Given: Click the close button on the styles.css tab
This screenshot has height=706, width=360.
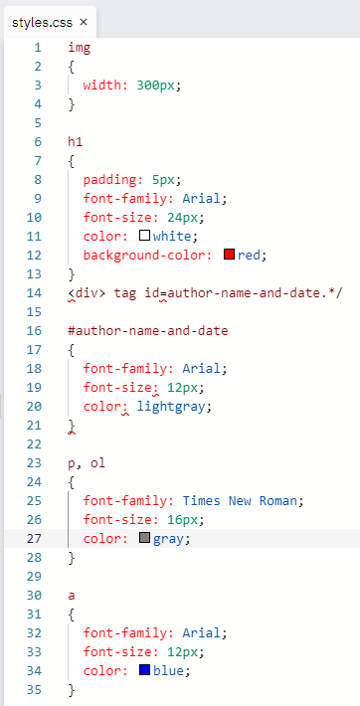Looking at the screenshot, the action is tap(84, 22).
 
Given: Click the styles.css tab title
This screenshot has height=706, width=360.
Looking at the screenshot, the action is tap(43, 23).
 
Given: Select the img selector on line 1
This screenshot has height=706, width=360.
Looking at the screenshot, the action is tap(80, 48).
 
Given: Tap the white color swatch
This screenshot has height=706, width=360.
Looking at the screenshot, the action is tap(144, 236).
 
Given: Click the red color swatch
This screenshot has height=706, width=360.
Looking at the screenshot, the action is tap(229, 255).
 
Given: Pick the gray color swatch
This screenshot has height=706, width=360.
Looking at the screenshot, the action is tap(144, 538).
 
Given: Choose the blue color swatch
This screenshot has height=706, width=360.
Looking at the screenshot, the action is tap(144, 670).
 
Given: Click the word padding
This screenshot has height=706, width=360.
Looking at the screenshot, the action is tap(109, 181).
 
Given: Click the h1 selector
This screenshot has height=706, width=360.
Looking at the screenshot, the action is tap(76, 142).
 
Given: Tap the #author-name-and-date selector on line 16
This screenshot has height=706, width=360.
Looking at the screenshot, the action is tap(148, 331).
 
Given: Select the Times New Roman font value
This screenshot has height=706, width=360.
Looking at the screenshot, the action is tap(240, 501).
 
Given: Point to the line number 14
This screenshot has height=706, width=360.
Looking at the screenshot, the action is tap(34, 293).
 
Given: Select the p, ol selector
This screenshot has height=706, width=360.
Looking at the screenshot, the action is tap(87, 463).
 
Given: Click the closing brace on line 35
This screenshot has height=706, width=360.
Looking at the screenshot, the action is tap(72, 690).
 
